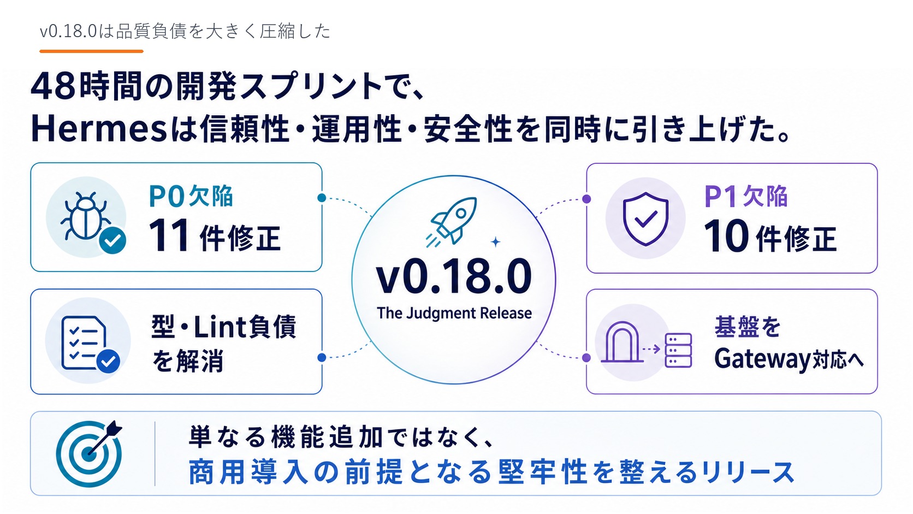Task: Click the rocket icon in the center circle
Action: pos(452,222)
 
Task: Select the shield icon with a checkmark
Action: pos(645,219)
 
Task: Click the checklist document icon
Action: pos(84,342)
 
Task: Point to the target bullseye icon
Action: pos(89,453)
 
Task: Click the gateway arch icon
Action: pos(622,342)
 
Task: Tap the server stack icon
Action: pos(678,350)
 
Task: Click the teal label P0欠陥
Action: pos(191,196)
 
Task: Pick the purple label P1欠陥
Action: pos(745,197)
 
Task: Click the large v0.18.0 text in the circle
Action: pos(454,277)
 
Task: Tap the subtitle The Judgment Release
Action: pos(454,313)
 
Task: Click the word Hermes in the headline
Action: pos(99,129)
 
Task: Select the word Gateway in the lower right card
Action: pos(762,359)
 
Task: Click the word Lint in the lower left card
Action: pos(220,327)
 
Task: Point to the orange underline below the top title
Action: pos(91,51)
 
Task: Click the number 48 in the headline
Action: pos(54,86)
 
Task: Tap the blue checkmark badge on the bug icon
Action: pos(112,240)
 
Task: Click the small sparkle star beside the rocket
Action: pos(495,242)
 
